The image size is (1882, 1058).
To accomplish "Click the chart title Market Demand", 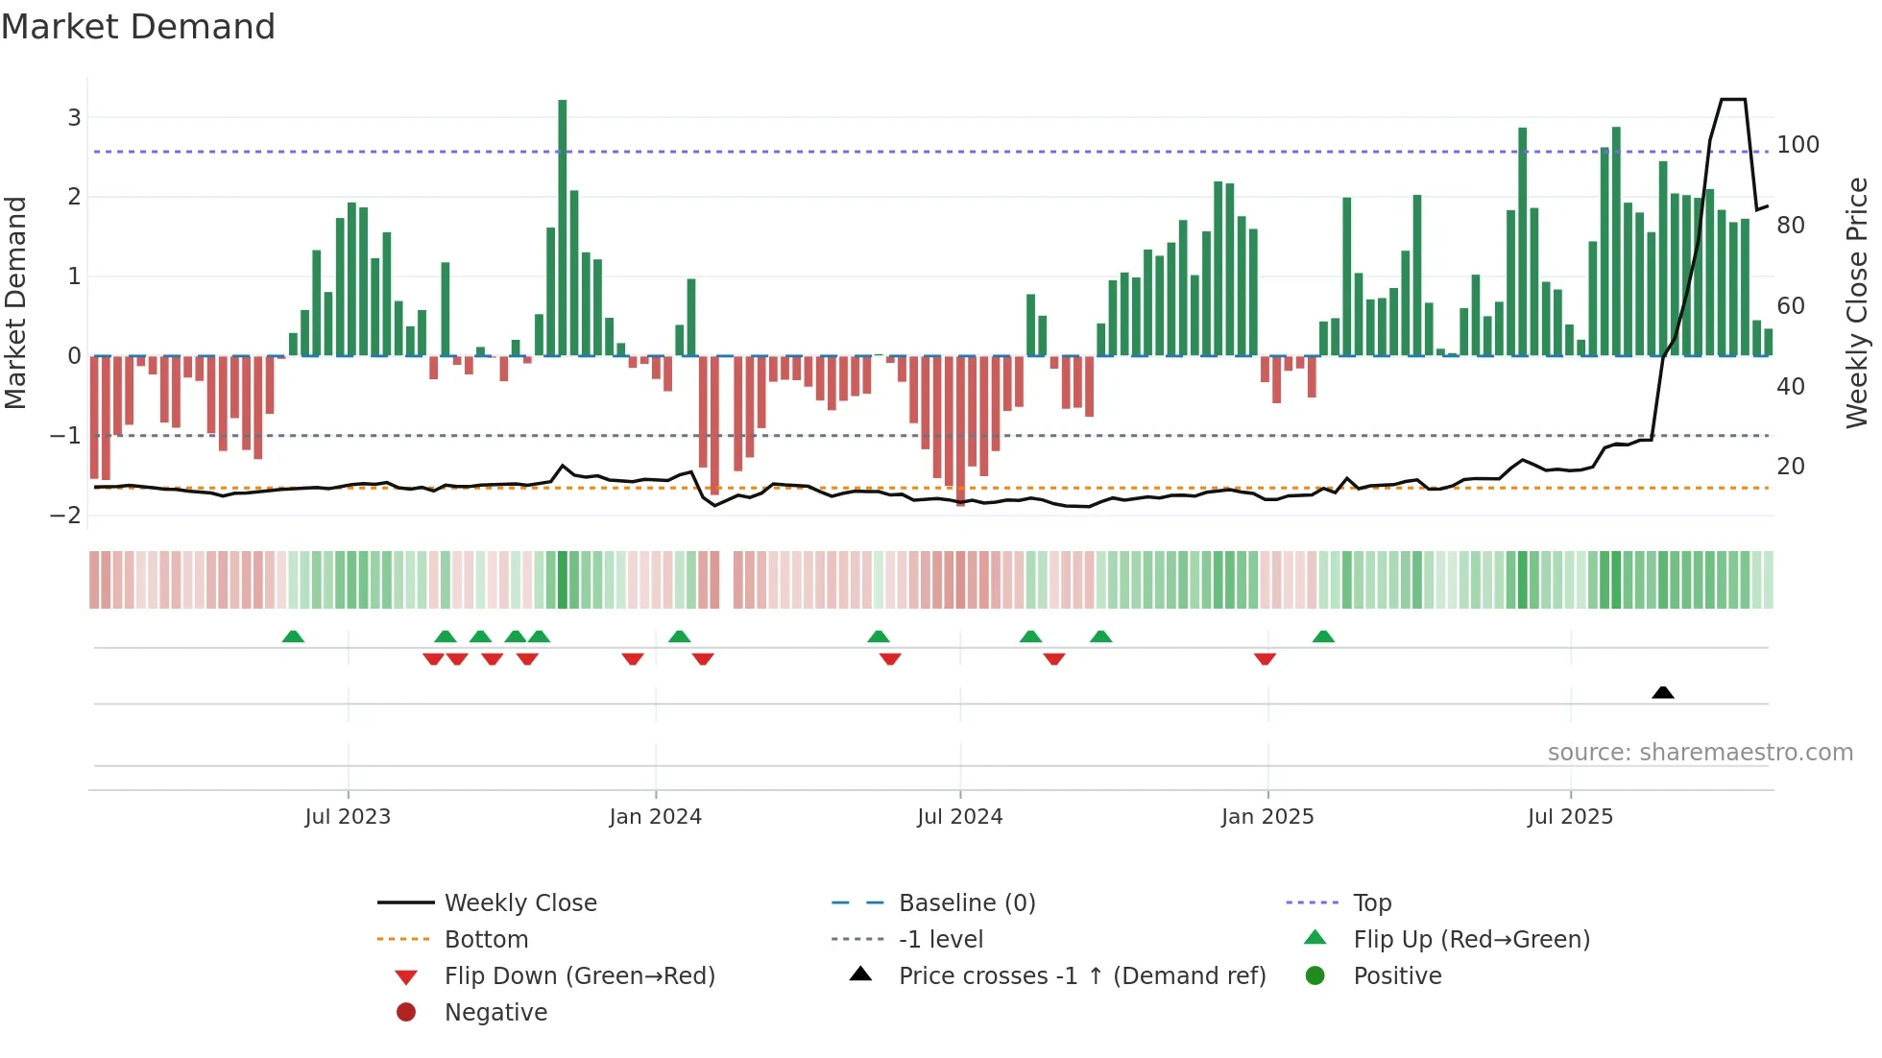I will (x=138, y=27).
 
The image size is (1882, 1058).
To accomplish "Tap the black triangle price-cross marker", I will (x=1663, y=692).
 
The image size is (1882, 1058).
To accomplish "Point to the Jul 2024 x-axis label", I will (x=959, y=817).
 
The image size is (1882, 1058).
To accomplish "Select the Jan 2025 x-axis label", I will (x=1267, y=817).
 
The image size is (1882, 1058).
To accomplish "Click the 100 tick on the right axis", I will (x=1798, y=145).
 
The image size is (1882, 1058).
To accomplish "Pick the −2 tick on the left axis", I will (x=65, y=515).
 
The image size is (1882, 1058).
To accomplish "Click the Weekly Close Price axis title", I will (x=1857, y=302).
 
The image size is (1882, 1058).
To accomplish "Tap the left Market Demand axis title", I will (x=16, y=302).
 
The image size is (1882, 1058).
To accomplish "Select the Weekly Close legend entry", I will (x=519, y=903).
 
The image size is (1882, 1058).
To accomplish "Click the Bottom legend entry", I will (x=486, y=940).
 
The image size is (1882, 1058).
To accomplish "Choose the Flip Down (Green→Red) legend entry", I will (x=579, y=976).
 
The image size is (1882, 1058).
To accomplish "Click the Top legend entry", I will (x=1372, y=903).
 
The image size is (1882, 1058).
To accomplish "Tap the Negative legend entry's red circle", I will (x=406, y=1013).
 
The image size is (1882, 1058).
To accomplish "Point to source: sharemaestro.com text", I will (x=1700, y=753).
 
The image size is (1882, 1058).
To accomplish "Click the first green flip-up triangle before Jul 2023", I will (x=293, y=637).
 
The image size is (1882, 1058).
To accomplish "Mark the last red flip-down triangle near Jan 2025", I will (x=1265, y=659).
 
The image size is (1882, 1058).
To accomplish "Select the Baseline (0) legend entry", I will (x=966, y=903).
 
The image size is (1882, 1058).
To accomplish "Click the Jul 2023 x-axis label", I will (x=348, y=817).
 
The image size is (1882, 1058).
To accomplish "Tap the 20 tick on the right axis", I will (x=1791, y=467).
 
